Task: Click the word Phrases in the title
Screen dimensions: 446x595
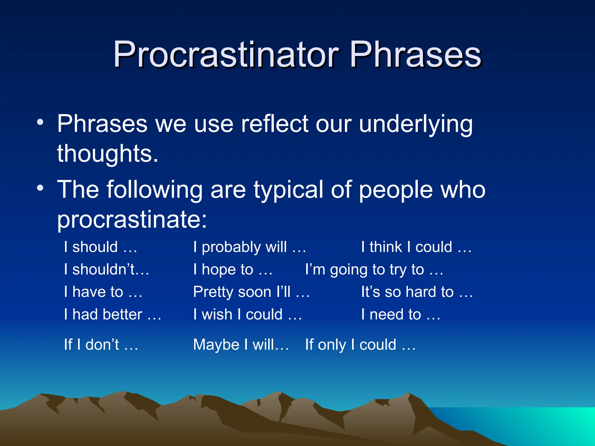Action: [x=415, y=54]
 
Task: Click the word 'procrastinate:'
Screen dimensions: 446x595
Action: [x=132, y=220]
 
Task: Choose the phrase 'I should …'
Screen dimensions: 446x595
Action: [x=101, y=247]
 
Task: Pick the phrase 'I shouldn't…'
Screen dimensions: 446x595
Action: [x=107, y=269]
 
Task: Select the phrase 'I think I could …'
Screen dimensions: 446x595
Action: [x=416, y=247]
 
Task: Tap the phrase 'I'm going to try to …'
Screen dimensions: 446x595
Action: [x=374, y=269]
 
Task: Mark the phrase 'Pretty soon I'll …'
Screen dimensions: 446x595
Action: [x=252, y=292]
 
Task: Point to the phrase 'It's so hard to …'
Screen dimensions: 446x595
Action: [x=417, y=292]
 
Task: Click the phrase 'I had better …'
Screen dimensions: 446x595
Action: [x=113, y=314]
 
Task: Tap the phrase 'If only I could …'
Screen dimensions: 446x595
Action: [x=360, y=345]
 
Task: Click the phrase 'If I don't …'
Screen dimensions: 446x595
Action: [x=101, y=345]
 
